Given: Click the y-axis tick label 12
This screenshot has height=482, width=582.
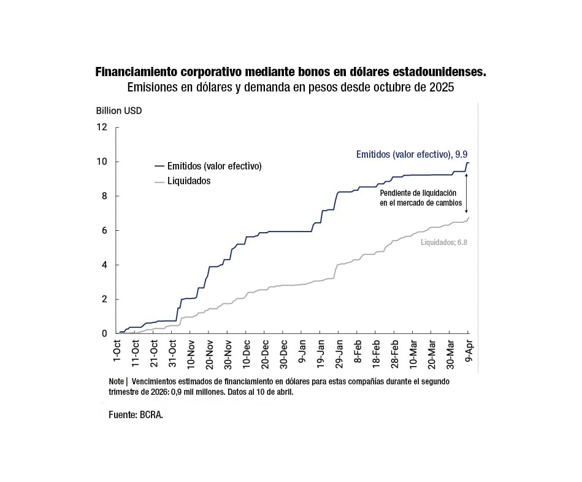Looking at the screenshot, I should point(102,127).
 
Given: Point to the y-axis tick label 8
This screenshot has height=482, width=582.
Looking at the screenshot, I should point(104,196).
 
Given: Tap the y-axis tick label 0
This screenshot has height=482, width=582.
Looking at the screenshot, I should point(104,333).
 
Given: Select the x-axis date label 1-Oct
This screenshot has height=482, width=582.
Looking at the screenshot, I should point(117,351).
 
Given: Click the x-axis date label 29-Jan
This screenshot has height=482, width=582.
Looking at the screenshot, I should point(339,352).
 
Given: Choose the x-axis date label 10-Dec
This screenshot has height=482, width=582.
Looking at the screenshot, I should point(247,352).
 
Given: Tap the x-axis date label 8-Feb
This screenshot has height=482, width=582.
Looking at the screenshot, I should point(358,351).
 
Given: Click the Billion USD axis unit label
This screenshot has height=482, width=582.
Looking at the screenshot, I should point(118,111).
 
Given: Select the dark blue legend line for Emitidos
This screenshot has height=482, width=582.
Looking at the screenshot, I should point(159,166).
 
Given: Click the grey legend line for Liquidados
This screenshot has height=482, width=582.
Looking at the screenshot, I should point(159,181).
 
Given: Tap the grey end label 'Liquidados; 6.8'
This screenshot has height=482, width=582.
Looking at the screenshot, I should point(444,243).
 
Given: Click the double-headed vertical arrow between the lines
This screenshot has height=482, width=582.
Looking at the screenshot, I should point(466,193).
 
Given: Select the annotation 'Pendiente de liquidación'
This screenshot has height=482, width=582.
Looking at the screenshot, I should point(421,192).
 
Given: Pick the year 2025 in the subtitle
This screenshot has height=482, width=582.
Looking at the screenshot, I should point(442,87).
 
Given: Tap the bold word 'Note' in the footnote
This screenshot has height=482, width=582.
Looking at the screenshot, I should point(116,381).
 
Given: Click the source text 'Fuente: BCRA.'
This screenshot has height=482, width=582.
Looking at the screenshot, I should point(136,414).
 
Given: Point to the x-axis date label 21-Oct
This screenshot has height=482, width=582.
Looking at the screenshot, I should point(154,352).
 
